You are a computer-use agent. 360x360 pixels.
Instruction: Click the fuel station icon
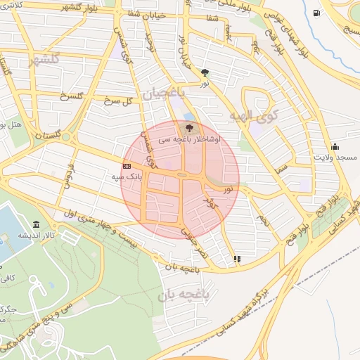click(316, 12)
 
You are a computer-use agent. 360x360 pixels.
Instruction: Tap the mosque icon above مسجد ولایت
click(334, 147)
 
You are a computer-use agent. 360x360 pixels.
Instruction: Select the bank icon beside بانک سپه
click(127, 166)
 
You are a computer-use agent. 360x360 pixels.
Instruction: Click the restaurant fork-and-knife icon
click(237, 259)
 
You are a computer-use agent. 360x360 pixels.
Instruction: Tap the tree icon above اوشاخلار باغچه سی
click(188, 127)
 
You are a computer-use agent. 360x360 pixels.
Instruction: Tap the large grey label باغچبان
click(162, 92)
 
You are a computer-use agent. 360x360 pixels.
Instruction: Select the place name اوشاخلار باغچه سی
click(194, 139)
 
